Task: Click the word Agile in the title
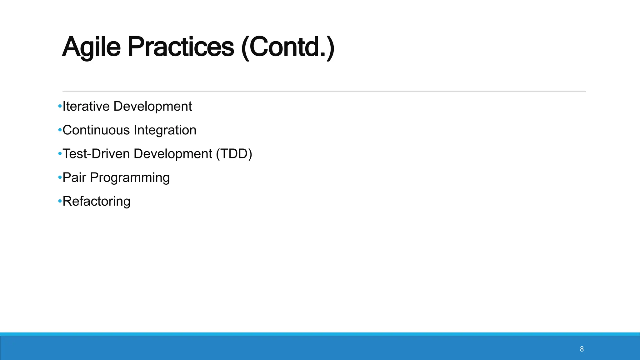pyautogui.click(x=91, y=47)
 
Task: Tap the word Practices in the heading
pyautogui.click(x=181, y=47)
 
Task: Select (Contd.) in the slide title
pyautogui.click(x=288, y=47)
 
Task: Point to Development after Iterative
pyautogui.click(x=152, y=106)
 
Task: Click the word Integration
pyautogui.click(x=165, y=130)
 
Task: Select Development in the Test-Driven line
pyautogui.click(x=173, y=154)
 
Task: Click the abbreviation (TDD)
pyautogui.click(x=234, y=154)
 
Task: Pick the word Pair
pyautogui.click(x=74, y=177)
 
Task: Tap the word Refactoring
pyautogui.click(x=96, y=202)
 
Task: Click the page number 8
pyautogui.click(x=582, y=349)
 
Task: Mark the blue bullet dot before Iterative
pyautogui.click(x=60, y=107)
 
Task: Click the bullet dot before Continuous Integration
pyautogui.click(x=60, y=130)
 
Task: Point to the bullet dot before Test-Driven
pyautogui.click(x=60, y=154)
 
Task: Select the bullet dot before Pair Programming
pyautogui.click(x=60, y=178)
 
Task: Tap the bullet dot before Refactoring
pyautogui.click(x=60, y=202)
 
